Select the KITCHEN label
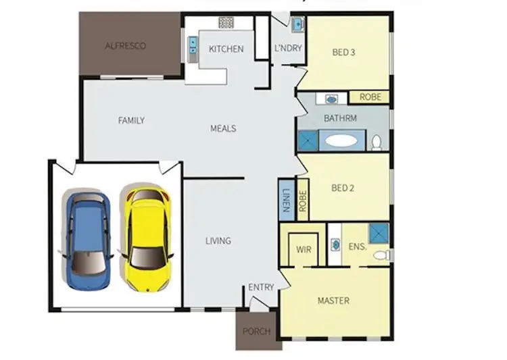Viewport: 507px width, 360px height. [226, 49]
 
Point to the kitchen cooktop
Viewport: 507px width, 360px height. [226, 23]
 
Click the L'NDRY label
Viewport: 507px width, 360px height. [287, 49]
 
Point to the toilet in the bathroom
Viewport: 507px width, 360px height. [377, 142]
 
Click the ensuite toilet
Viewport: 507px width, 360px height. [382, 255]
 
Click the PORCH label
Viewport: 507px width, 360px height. [256, 332]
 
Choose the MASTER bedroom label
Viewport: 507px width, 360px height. [333, 301]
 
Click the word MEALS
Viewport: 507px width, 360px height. [223, 128]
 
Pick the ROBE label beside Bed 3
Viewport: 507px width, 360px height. [370, 97]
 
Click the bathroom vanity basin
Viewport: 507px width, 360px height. [331, 99]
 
